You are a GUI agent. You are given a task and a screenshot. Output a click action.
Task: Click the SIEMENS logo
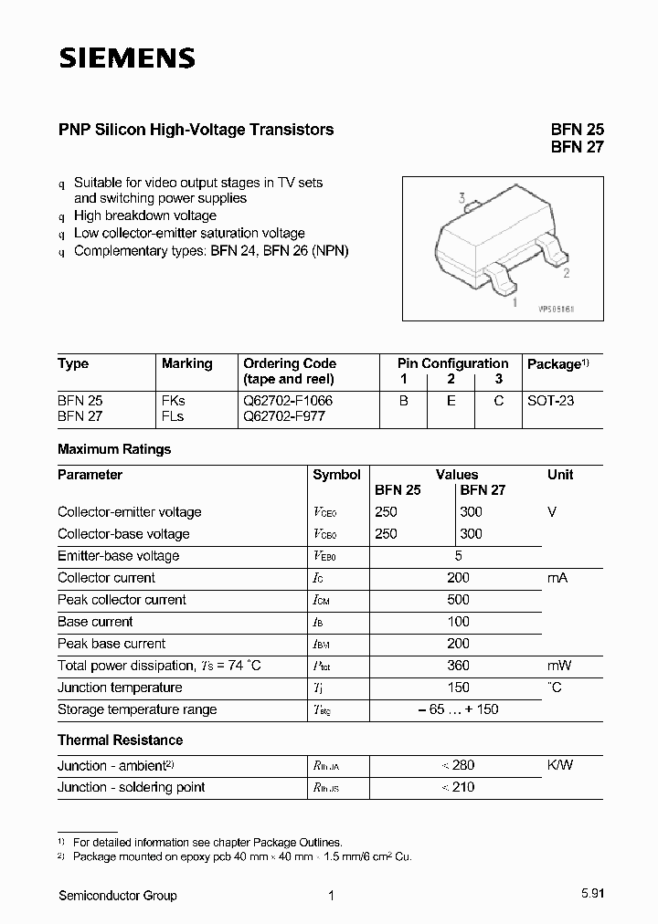tap(127, 58)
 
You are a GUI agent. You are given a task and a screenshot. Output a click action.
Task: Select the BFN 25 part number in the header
tap(577, 130)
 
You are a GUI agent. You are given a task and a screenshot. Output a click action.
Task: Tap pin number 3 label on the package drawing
tap(462, 198)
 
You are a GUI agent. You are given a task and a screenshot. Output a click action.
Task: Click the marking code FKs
tap(174, 401)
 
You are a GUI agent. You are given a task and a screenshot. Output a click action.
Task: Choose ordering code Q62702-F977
tap(283, 416)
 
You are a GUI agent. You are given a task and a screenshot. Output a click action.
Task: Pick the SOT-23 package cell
tap(551, 401)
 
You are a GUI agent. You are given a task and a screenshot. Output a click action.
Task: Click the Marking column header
tap(186, 363)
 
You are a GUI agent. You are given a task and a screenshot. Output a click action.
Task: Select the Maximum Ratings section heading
tap(114, 449)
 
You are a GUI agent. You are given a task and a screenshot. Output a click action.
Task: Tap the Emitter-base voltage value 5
tap(458, 556)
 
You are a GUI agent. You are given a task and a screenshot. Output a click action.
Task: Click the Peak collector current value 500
tap(458, 600)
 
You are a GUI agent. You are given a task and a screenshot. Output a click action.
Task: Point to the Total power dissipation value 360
tap(458, 666)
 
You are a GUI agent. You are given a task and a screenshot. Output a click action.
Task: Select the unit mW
tap(559, 666)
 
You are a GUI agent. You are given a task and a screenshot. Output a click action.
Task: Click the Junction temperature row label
tap(120, 688)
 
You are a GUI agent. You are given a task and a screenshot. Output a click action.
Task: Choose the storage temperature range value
tap(458, 709)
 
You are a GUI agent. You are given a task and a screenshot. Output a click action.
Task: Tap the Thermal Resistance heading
tap(120, 740)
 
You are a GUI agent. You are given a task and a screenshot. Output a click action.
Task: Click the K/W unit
tap(560, 765)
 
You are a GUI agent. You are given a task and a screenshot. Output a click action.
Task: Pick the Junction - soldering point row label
tap(131, 787)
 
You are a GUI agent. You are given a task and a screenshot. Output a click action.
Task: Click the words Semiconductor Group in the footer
tap(117, 896)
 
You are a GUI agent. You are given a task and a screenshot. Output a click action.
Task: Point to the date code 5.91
tap(590, 896)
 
